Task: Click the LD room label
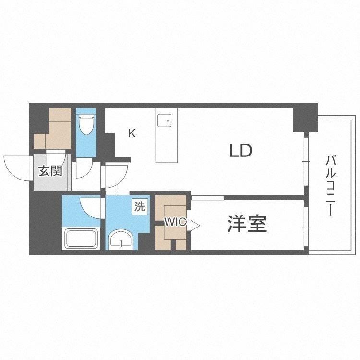pyautogui.click(x=240, y=150)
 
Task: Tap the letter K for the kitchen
pyautogui.click(x=132, y=133)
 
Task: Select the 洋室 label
pyautogui.click(x=247, y=223)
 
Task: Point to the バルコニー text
pyautogui.click(x=330, y=186)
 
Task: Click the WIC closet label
pyautogui.click(x=175, y=222)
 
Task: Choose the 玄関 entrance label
pyautogui.click(x=50, y=171)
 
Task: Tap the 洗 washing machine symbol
pyautogui.click(x=140, y=207)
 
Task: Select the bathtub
pyautogui.click(x=81, y=238)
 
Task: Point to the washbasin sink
pyautogui.click(x=121, y=240)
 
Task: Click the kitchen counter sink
pyautogui.click(x=165, y=120)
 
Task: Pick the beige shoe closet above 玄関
pyautogui.click(x=53, y=128)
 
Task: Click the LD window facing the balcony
pyautogui.click(x=306, y=161)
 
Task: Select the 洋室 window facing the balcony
pyautogui.click(x=306, y=227)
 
